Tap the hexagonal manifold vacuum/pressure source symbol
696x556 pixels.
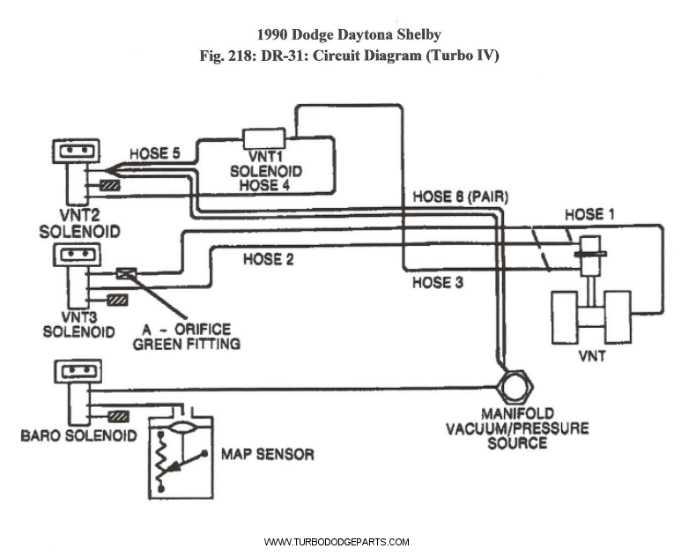click(x=512, y=386)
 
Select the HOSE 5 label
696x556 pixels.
click(x=155, y=153)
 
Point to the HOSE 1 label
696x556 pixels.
click(x=584, y=214)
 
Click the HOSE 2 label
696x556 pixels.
click(x=269, y=258)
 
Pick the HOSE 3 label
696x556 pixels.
click(x=438, y=283)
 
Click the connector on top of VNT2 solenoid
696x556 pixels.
click(x=76, y=151)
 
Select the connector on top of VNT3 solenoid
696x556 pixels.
click(x=76, y=256)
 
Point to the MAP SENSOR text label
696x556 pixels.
click(x=267, y=455)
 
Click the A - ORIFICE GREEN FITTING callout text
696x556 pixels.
click(x=186, y=336)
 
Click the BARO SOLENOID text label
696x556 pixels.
click(x=78, y=435)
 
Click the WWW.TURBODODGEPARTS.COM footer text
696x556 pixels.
click(x=337, y=542)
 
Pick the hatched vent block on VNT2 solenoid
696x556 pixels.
click(x=110, y=185)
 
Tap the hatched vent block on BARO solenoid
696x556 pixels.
click(x=118, y=415)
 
